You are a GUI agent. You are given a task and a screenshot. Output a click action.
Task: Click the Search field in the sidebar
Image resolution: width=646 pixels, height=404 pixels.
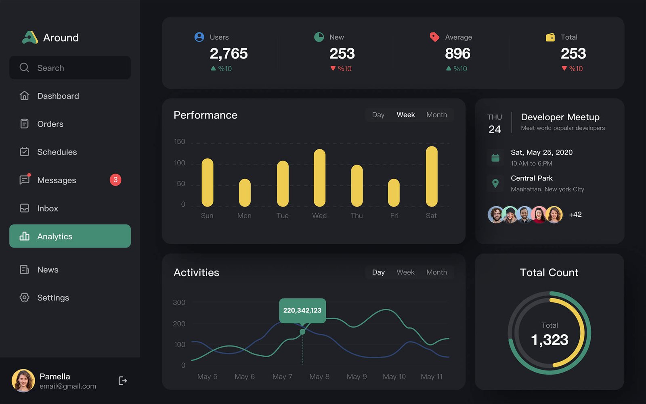pyautogui.click(x=70, y=68)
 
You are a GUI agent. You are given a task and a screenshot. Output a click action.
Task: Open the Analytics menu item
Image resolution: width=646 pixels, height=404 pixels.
pyautogui.click(x=70, y=236)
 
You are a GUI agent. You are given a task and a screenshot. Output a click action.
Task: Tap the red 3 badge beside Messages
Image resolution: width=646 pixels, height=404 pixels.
pyautogui.click(x=115, y=180)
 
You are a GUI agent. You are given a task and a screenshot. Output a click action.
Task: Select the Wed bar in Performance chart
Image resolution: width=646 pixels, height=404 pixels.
pyautogui.click(x=319, y=178)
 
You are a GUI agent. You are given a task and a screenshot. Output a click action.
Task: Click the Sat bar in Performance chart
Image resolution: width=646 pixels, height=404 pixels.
pyautogui.click(x=431, y=176)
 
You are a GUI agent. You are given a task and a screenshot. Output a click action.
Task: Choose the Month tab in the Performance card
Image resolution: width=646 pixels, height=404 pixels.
pyautogui.click(x=436, y=115)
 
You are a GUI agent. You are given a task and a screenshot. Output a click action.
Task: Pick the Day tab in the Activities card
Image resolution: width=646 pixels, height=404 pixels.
pyautogui.click(x=378, y=272)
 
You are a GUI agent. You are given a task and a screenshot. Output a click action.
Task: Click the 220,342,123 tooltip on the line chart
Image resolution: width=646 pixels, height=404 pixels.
pyautogui.click(x=302, y=310)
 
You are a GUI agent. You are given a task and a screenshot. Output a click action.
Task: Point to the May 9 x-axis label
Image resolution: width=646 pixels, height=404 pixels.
pyautogui.click(x=357, y=377)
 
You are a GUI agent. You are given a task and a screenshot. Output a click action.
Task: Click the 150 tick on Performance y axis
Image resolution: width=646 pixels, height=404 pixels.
pyautogui.click(x=180, y=142)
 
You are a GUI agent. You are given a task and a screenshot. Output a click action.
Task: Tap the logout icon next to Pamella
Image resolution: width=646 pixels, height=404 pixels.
pyautogui.click(x=123, y=381)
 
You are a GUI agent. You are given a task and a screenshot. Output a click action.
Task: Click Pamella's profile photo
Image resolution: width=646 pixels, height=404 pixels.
pyautogui.click(x=23, y=381)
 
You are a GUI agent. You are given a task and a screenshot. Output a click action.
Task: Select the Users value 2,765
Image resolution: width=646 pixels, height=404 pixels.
pyautogui.click(x=229, y=54)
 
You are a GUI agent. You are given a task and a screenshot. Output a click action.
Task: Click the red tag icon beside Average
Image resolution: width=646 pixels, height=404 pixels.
pyautogui.click(x=434, y=37)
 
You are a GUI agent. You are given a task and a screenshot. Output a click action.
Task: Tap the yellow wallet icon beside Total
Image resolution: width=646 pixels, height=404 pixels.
pyautogui.click(x=550, y=37)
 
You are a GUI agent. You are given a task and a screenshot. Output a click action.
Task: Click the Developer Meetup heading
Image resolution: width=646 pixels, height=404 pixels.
pyautogui.click(x=560, y=117)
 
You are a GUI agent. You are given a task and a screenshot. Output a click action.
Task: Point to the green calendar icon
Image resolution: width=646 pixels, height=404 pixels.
pyautogui.click(x=495, y=158)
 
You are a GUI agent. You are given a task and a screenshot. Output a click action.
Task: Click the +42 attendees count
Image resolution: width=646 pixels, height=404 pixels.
pyautogui.click(x=575, y=215)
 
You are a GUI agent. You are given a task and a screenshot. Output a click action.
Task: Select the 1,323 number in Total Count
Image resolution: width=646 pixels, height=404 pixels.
pyautogui.click(x=550, y=340)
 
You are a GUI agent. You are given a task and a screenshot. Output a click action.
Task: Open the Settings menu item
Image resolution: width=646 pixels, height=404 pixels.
pyautogui.click(x=53, y=298)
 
